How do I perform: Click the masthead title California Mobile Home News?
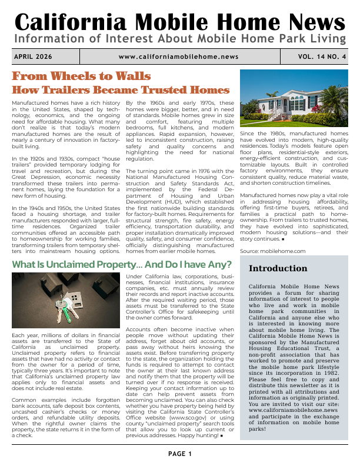(179, 22)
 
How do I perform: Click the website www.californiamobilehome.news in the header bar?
(178, 56)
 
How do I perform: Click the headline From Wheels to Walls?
(81, 76)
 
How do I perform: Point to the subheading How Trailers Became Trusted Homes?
(121, 90)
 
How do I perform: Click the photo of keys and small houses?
(67, 303)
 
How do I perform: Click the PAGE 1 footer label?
(179, 454)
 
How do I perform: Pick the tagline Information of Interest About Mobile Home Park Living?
(179, 39)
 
